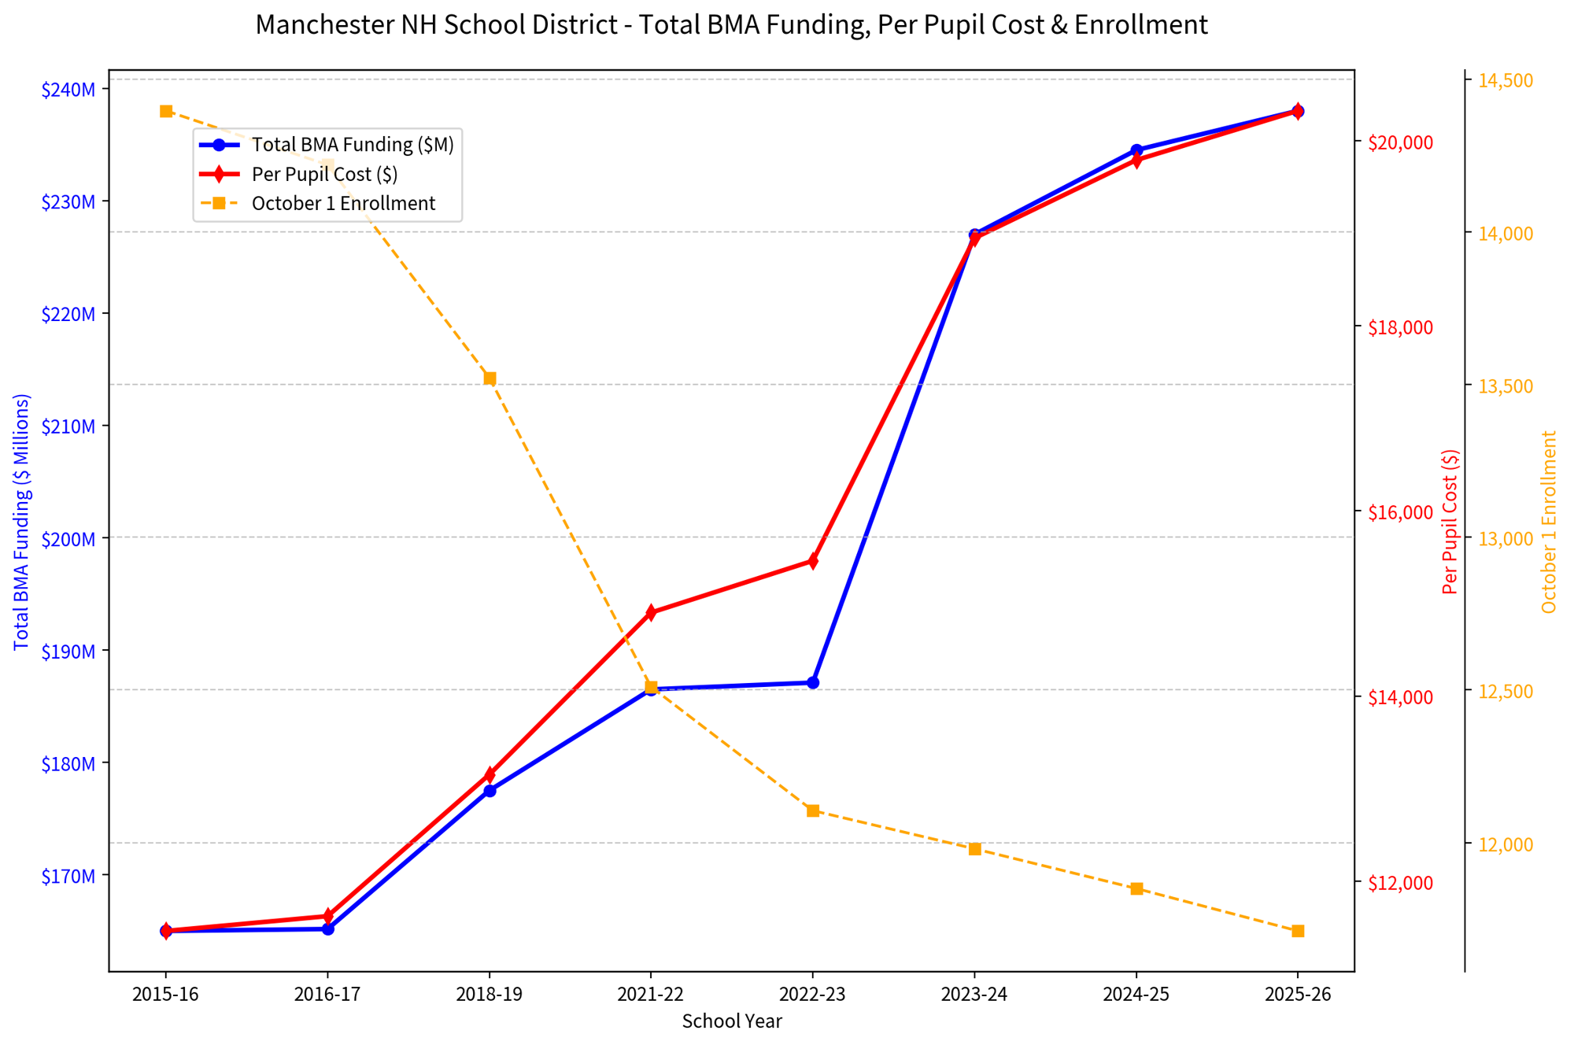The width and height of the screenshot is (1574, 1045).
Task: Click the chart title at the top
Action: point(731,25)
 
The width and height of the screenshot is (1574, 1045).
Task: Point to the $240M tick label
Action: point(68,90)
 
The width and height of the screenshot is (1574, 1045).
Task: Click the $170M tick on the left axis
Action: point(68,876)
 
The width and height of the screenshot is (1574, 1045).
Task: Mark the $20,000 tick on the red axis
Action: point(1401,142)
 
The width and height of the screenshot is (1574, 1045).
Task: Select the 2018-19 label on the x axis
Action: point(490,995)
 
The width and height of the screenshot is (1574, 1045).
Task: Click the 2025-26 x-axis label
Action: point(1298,995)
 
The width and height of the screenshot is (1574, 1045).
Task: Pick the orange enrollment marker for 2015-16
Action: point(166,112)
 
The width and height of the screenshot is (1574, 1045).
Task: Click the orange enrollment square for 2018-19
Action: point(490,378)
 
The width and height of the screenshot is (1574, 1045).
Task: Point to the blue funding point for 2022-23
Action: point(813,682)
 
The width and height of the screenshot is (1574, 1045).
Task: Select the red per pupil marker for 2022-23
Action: point(813,561)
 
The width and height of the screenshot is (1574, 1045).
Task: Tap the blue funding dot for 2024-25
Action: point(1136,150)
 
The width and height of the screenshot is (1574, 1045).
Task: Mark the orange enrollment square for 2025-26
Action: point(1299,931)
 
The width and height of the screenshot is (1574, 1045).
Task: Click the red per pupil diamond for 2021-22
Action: point(651,612)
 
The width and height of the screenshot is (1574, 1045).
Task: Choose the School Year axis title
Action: point(732,1021)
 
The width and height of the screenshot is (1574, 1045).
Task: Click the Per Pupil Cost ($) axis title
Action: point(1450,522)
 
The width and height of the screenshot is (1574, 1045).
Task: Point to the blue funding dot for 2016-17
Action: point(328,929)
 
